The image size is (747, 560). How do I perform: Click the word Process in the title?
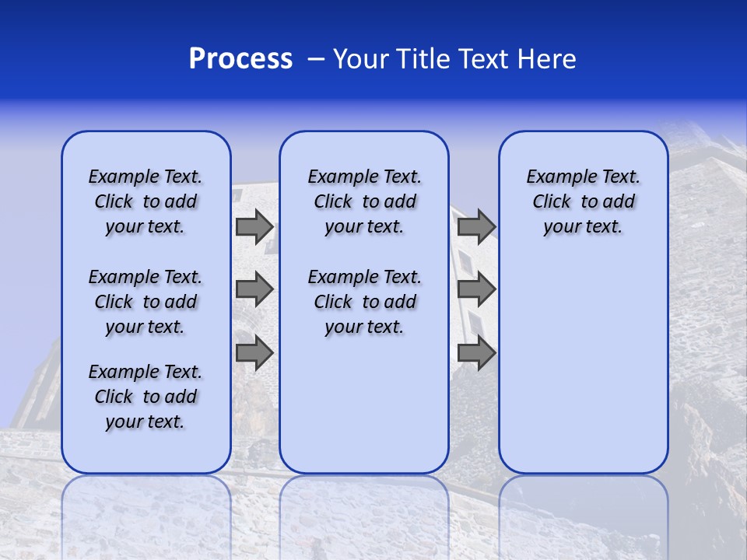[x=240, y=59]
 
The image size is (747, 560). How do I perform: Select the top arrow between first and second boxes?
[x=254, y=227]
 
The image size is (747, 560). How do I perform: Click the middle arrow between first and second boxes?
[x=254, y=289]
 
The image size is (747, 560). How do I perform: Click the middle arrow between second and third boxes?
[x=476, y=289]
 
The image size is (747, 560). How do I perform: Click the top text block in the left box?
[x=146, y=201]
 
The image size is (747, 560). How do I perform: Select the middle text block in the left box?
[x=146, y=302]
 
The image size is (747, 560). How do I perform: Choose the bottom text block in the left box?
[x=146, y=397]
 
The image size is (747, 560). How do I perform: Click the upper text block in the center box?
[x=364, y=201]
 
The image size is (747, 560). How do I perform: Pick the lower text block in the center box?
[x=364, y=302]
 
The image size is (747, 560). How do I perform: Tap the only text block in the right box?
[x=584, y=201]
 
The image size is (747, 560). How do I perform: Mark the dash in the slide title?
[x=316, y=59]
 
